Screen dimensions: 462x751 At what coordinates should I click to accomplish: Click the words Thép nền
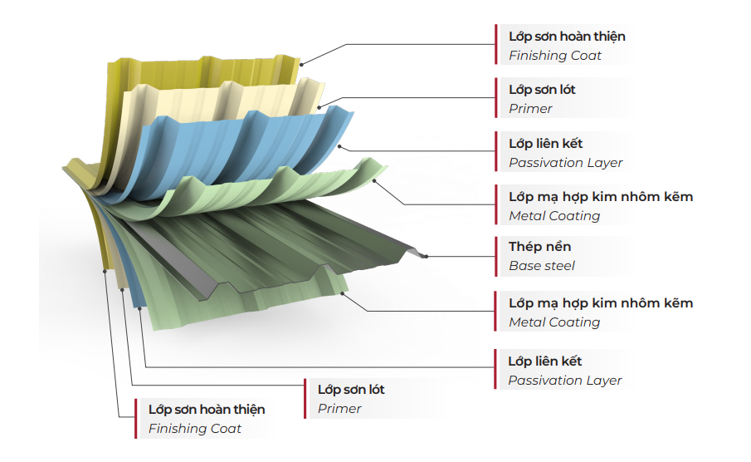coord(539,247)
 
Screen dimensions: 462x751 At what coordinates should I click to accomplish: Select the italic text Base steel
coord(541,266)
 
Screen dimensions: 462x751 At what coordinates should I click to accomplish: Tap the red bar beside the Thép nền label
coord(496,256)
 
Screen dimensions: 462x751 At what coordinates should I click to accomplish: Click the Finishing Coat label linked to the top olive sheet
coord(566,47)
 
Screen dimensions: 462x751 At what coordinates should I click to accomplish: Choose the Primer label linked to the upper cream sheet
coord(542,99)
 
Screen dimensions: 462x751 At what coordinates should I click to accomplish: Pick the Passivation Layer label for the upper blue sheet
coord(564,153)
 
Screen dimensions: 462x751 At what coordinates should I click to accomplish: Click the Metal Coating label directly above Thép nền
coord(600,206)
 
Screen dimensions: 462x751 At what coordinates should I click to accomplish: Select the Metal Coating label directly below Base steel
coord(600,312)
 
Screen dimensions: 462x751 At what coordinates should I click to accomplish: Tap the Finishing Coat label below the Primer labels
coord(206,419)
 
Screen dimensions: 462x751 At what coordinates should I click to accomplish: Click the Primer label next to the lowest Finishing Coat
coord(351,399)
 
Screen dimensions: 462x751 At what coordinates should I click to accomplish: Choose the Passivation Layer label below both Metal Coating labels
coord(564,371)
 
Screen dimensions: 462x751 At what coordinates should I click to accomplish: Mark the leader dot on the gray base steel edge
coord(426,256)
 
